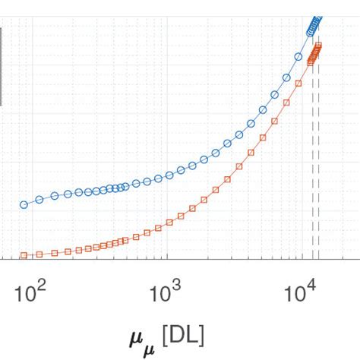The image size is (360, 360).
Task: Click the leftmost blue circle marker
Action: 24,204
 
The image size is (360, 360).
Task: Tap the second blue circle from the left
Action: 39,200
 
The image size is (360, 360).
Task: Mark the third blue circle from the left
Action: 55,196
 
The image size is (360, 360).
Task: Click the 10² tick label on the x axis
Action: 30,292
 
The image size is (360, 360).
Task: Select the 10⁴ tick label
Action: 301,292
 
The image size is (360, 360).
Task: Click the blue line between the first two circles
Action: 31,202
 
